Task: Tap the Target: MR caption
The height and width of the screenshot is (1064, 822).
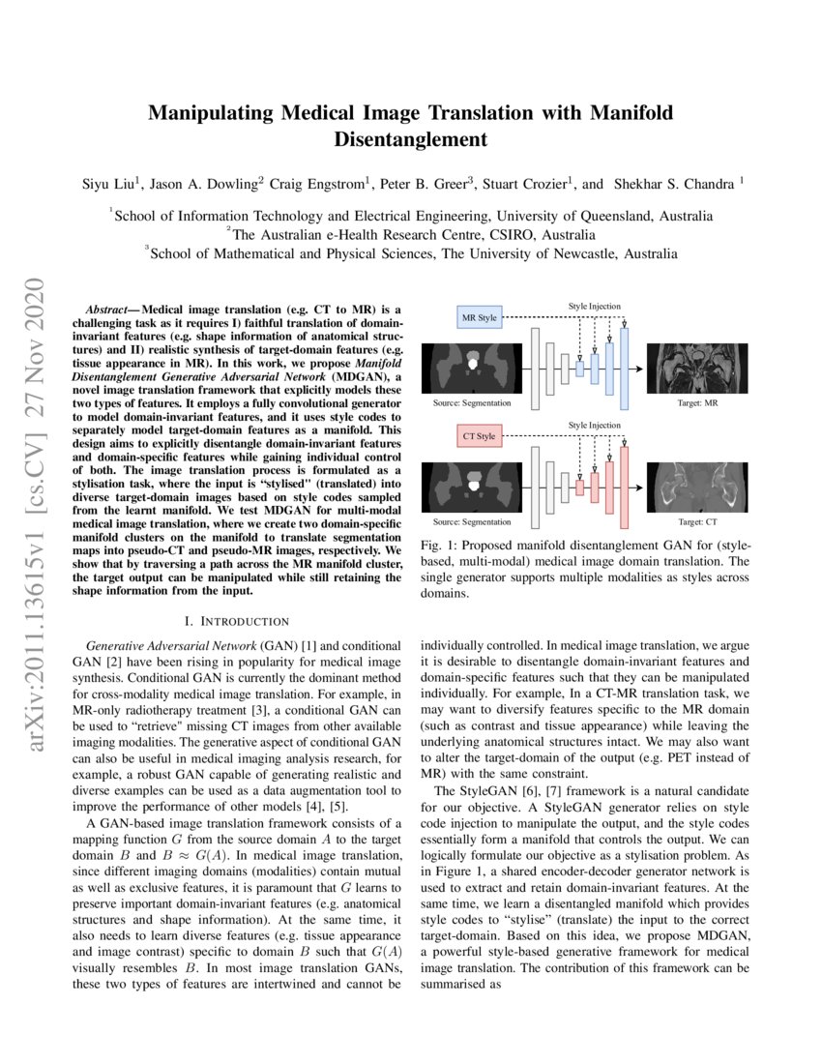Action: pos(698,401)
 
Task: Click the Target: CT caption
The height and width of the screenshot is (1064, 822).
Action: pos(699,521)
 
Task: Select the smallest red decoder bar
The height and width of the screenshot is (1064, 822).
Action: pos(579,488)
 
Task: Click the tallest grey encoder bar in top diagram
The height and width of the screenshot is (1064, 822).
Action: pos(534,363)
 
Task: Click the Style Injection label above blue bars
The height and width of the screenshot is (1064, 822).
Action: pos(595,307)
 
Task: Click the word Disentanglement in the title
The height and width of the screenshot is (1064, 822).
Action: pos(410,139)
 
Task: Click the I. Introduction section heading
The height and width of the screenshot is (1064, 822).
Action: pos(237,621)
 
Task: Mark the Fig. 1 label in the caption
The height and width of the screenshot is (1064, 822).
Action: pos(440,547)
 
